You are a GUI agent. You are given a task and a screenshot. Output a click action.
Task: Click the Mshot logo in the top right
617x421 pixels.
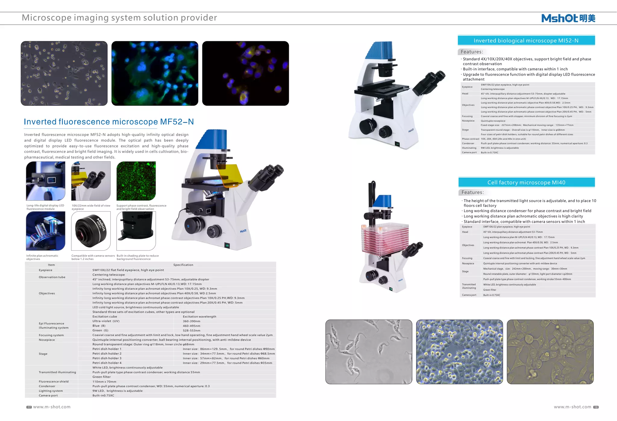[568, 18]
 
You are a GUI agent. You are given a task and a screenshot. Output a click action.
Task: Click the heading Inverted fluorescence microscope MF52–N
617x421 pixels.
[109, 122]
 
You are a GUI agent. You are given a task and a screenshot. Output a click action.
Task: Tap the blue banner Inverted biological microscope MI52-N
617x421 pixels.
[526, 41]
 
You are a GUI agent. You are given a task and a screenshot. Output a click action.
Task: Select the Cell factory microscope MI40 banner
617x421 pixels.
[526, 182]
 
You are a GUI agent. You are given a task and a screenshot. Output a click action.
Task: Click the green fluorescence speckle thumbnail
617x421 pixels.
[136, 181]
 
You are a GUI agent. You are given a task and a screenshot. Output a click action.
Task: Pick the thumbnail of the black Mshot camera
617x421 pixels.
[91, 231]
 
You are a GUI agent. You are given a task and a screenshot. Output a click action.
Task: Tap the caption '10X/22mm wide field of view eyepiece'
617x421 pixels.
[91, 207]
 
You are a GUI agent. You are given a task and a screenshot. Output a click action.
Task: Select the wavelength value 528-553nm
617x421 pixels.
[192, 330]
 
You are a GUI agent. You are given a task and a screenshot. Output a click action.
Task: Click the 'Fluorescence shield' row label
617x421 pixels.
[54, 382]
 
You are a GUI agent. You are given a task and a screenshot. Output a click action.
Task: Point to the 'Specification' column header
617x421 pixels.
[183, 265]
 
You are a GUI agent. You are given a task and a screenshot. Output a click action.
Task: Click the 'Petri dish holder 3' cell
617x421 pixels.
[107, 358]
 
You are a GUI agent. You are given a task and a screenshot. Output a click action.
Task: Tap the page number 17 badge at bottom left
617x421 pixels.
[29, 407]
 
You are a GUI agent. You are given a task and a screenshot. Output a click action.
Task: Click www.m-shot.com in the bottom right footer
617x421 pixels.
[572, 407]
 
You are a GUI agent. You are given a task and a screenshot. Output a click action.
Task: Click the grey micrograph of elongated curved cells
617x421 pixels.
[369, 352]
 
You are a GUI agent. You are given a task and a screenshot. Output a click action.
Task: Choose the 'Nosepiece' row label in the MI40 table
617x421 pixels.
[468, 263]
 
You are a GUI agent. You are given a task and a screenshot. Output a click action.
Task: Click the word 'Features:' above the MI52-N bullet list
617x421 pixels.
[472, 52]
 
